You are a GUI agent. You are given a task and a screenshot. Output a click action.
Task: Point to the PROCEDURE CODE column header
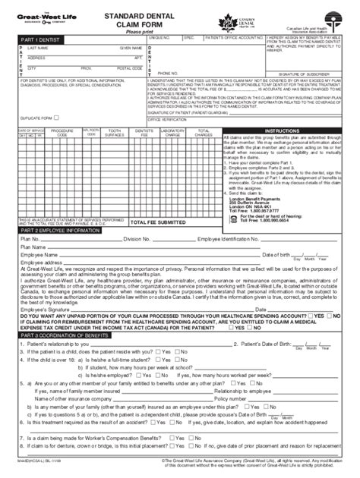coord(62,131)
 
